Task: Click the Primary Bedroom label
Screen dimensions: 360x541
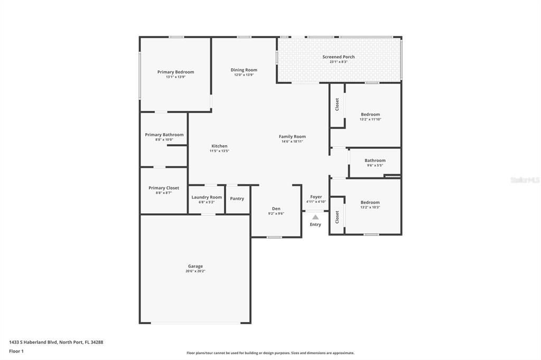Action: (175, 72)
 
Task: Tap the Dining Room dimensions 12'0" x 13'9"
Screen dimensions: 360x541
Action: (244, 75)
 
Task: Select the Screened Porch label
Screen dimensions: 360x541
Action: (338, 56)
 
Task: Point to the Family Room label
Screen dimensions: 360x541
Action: (292, 136)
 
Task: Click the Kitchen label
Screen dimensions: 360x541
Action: (219, 146)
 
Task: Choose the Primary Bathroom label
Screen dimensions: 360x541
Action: (164, 135)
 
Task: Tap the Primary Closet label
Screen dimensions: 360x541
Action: (163, 187)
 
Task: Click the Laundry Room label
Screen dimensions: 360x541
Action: (207, 197)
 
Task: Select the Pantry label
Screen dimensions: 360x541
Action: (237, 198)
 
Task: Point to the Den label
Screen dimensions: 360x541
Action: (276, 209)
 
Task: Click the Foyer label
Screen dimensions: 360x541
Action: (316, 197)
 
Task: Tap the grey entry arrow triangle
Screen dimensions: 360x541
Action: (315, 216)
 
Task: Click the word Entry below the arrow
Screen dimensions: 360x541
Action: (315, 224)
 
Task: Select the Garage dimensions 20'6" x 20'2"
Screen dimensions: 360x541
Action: (195, 271)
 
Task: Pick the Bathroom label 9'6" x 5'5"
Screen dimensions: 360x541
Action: (375, 160)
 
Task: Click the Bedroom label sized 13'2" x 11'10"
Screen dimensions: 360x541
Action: (370, 115)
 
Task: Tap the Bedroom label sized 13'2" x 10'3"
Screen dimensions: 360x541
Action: (370, 202)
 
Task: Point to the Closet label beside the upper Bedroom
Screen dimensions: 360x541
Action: (337, 105)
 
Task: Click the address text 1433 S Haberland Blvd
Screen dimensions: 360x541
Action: (33, 342)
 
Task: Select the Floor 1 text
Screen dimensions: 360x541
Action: (16, 351)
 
